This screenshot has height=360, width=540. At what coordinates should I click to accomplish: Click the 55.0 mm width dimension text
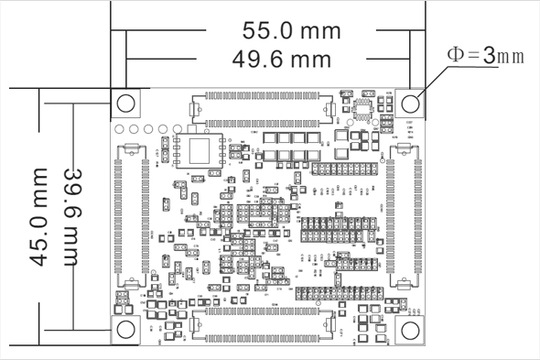tap(291, 30)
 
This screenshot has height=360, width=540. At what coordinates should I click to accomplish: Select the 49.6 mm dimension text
tap(281, 60)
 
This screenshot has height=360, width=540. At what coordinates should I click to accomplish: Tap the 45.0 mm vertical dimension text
tap(38, 216)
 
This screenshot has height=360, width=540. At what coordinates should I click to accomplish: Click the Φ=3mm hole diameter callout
tap(484, 55)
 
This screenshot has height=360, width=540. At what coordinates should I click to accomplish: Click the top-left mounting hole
tap(126, 104)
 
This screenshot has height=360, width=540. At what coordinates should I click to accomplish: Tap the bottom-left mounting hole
tap(126, 329)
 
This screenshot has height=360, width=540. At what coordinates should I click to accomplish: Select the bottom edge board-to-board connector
tap(264, 325)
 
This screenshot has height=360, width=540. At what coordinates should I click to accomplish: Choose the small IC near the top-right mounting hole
tap(365, 114)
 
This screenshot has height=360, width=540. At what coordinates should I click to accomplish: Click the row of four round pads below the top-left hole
tap(146, 127)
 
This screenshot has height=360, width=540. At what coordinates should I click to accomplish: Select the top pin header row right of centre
tap(345, 169)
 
